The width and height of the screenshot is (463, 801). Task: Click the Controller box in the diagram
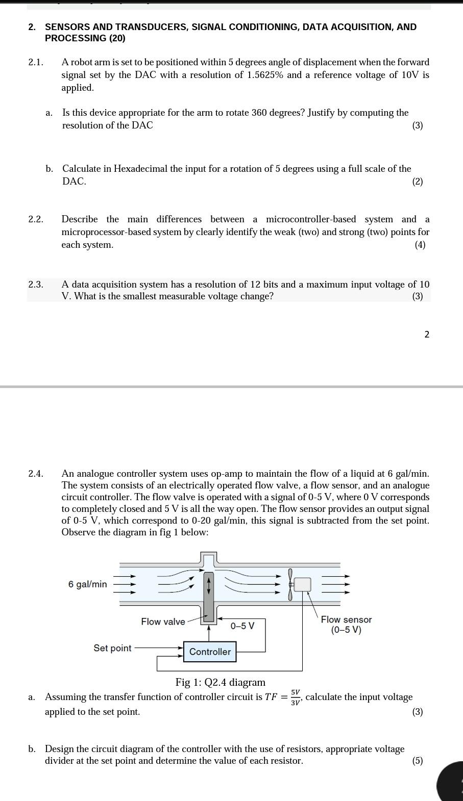click(x=210, y=652)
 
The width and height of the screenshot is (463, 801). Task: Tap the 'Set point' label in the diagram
click(x=112, y=648)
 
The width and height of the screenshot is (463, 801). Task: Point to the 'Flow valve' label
click(x=163, y=622)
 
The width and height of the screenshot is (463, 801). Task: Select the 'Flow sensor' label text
click(x=346, y=619)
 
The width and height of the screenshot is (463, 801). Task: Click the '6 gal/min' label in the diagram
click(x=88, y=584)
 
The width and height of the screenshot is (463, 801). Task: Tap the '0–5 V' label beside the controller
click(x=242, y=626)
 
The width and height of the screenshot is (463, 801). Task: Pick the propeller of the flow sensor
click(x=290, y=584)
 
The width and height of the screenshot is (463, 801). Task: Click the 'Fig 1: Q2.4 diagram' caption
click(x=220, y=682)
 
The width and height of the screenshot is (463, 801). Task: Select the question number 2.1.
click(x=35, y=62)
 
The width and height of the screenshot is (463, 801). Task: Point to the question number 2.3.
click(x=35, y=285)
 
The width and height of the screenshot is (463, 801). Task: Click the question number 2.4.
click(x=35, y=474)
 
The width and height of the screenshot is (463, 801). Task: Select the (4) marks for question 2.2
click(x=420, y=245)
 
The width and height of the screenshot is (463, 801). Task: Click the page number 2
click(x=427, y=334)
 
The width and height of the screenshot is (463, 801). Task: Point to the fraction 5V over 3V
click(x=296, y=697)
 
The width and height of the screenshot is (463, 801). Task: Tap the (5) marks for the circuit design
click(x=418, y=761)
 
